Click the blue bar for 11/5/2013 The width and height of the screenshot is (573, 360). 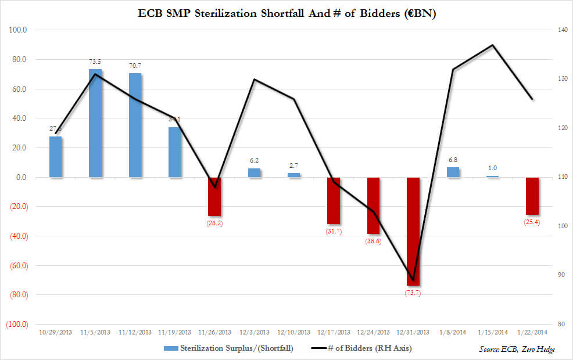pos(95,123)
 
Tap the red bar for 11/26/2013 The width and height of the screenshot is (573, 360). pos(214,196)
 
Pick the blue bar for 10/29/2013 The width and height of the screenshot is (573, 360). pos(56,157)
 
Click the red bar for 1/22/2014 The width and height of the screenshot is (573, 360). pos(532,196)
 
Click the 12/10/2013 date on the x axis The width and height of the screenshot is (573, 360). pos(293,332)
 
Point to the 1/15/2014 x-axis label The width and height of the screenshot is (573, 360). pos(492,332)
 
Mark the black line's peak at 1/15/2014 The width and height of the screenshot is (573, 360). pos(493,45)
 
